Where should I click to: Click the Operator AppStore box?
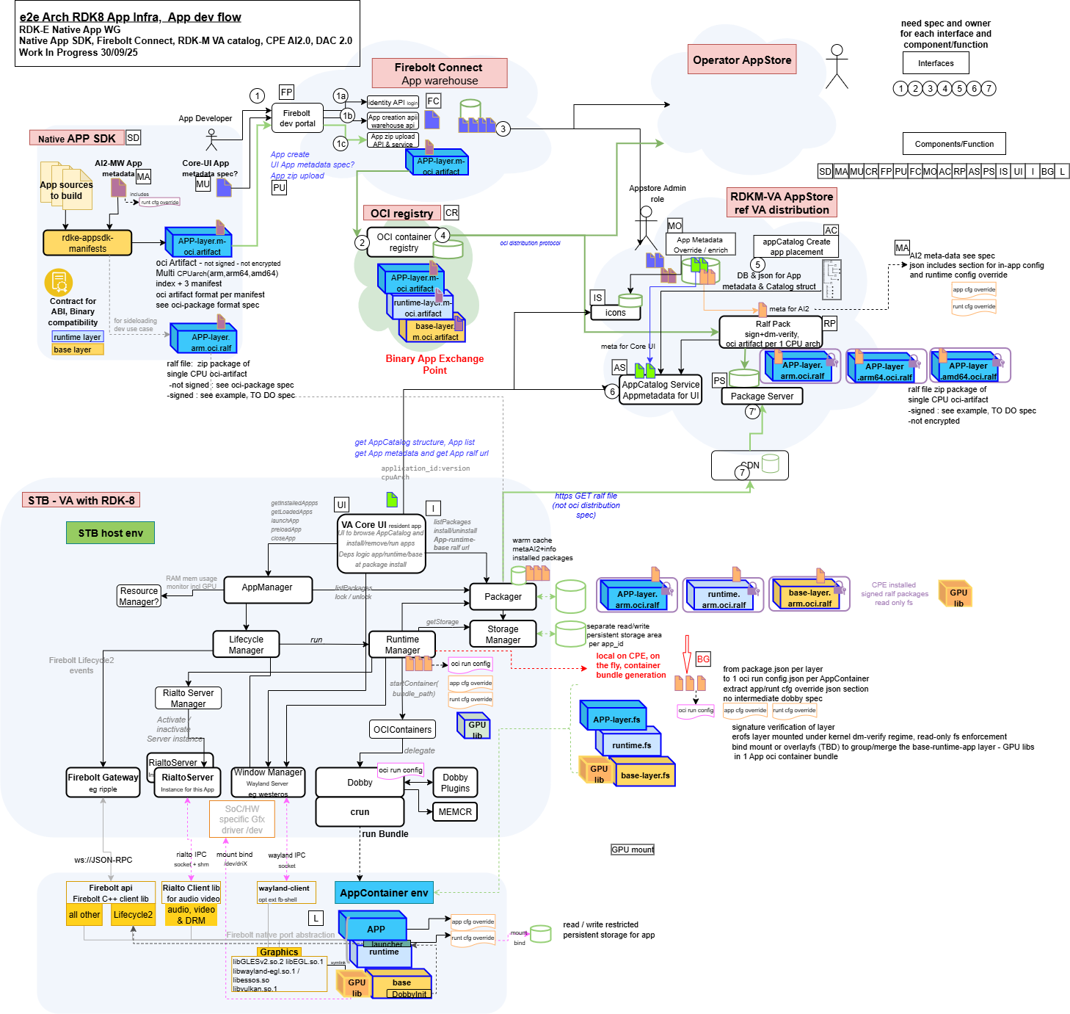click(x=742, y=60)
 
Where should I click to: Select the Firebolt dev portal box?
click(x=297, y=118)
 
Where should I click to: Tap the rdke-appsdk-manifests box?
click(x=87, y=243)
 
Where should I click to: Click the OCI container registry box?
click(x=403, y=242)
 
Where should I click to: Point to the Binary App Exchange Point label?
click(x=434, y=364)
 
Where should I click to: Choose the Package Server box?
click(x=762, y=396)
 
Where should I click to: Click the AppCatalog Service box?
click(x=660, y=390)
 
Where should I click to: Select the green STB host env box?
click(x=111, y=533)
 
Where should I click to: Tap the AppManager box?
click(x=267, y=588)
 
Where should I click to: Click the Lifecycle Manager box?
click(x=246, y=645)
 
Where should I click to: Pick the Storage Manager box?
click(x=503, y=634)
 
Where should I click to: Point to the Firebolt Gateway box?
click(x=103, y=782)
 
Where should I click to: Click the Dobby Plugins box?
click(x=455, y=783)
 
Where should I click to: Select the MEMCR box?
click(x=455, y=812)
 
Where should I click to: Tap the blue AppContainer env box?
click(x=384, y=893)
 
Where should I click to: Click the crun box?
click(x=360, y=812)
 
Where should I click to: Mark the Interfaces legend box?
click(x=936, y=63)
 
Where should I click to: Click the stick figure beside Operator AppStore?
click(x=837, y=66)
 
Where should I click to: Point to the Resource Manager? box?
click(x=139, y=596)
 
